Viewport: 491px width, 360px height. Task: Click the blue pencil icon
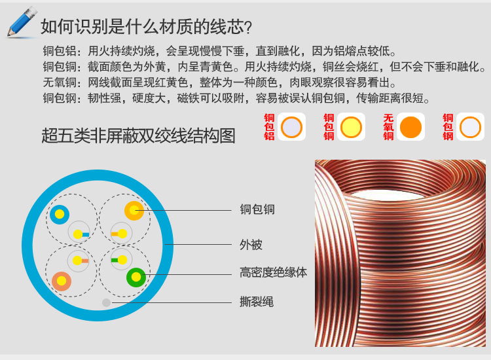tap(22, 22)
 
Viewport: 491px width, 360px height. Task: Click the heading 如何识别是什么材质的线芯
tap(145, 27)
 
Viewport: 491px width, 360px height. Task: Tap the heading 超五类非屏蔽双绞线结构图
tap(138, 135)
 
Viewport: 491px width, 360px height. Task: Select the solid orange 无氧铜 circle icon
tap(410, 127)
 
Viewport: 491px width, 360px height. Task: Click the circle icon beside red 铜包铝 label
tap(291, 127)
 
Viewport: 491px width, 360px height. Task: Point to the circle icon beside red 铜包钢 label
tap(470, 127)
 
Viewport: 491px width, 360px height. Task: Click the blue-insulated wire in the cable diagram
tap(60, 214)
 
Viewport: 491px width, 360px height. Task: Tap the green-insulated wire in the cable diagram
tap(136, 277)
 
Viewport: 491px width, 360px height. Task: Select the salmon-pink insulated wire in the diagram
tap(62, 280)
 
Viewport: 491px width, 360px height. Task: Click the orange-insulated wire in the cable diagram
tap(134, 210)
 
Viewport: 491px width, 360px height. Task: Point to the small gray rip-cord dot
tap(107, 302)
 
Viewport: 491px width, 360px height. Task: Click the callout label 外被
tap(251, 245)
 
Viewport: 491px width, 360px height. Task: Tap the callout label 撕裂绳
tap(257, 302)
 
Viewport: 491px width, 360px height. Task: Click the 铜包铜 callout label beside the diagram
tap(257, 210)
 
